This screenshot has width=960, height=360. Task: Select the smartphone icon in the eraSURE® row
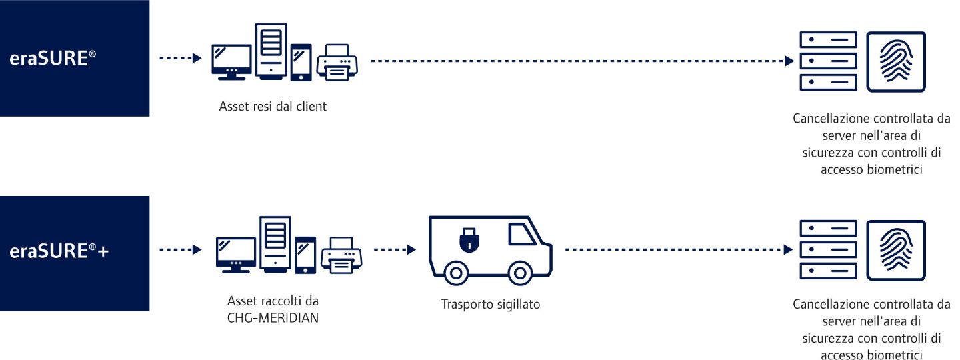pos(301,63)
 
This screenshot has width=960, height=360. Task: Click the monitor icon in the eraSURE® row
pos(231,62)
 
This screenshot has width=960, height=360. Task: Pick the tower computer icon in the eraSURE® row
pos(270,51)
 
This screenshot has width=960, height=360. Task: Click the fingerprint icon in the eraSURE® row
pos(895,62)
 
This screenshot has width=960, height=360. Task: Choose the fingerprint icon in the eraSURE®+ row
pos(895,250)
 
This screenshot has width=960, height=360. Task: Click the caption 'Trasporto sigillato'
pos(490,305)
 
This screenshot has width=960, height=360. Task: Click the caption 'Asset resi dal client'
pos(273,106)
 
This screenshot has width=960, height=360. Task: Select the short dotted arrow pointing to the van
pos(395,250)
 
